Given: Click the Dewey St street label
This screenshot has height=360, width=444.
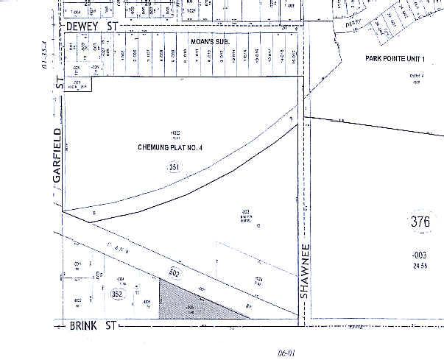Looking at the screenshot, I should point(92,25).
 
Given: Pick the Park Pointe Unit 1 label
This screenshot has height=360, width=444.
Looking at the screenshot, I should point(403,57).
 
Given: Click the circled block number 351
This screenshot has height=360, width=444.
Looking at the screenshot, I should point(174,168).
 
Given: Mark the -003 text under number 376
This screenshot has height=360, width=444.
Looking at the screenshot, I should point(419,254).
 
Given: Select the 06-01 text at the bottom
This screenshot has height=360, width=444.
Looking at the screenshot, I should point(286,353).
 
